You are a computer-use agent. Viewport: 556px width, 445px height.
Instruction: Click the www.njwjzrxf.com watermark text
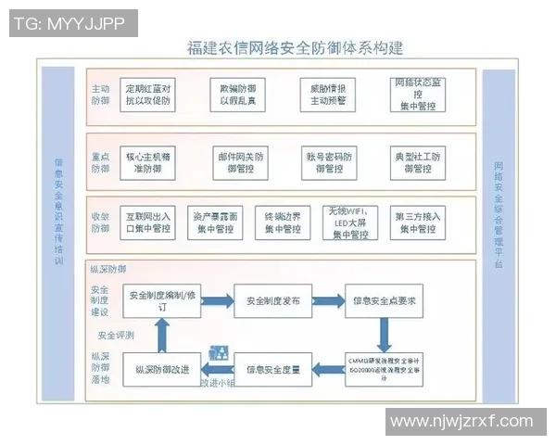click(x=461, y=421)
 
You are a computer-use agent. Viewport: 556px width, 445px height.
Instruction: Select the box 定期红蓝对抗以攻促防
click(x=149, y=94)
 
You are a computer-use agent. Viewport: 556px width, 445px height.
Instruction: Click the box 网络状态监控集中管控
click(x=419, y=94)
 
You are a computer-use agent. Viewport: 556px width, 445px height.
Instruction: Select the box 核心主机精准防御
click(x=149, y=162)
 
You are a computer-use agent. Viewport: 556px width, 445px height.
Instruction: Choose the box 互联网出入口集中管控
click(x=148, y=222)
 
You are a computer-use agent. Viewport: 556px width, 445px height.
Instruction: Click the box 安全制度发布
click(x=272, y=301)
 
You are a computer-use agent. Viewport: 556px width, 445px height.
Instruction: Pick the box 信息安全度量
click(x=272, y=370)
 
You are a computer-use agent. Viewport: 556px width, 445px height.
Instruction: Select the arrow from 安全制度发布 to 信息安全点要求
click(x=328, y=301)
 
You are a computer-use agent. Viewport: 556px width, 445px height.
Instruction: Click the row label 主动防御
click(x=100, y=95)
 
